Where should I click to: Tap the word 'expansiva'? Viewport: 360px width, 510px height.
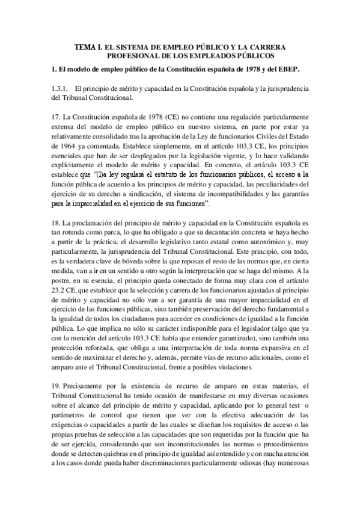pyautogui.click(x=252, y=344)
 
